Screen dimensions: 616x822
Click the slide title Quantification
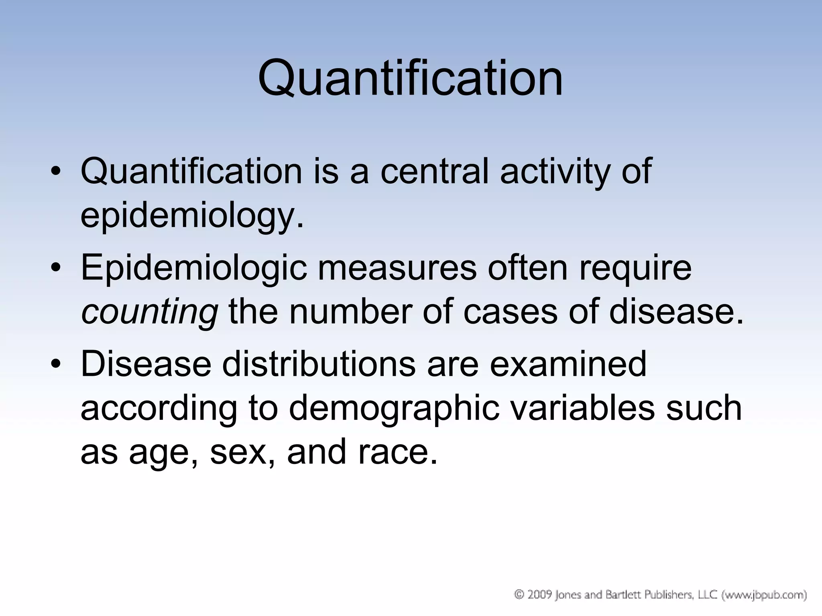(x=410, y=79)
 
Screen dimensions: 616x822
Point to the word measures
(x=397, y=268)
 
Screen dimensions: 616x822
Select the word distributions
(x=319, y=364)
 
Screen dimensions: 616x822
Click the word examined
(x=568, y=364)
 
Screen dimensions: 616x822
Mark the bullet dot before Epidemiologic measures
(x=56, y=268)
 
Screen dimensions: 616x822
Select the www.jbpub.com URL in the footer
(x=764, y=595)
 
